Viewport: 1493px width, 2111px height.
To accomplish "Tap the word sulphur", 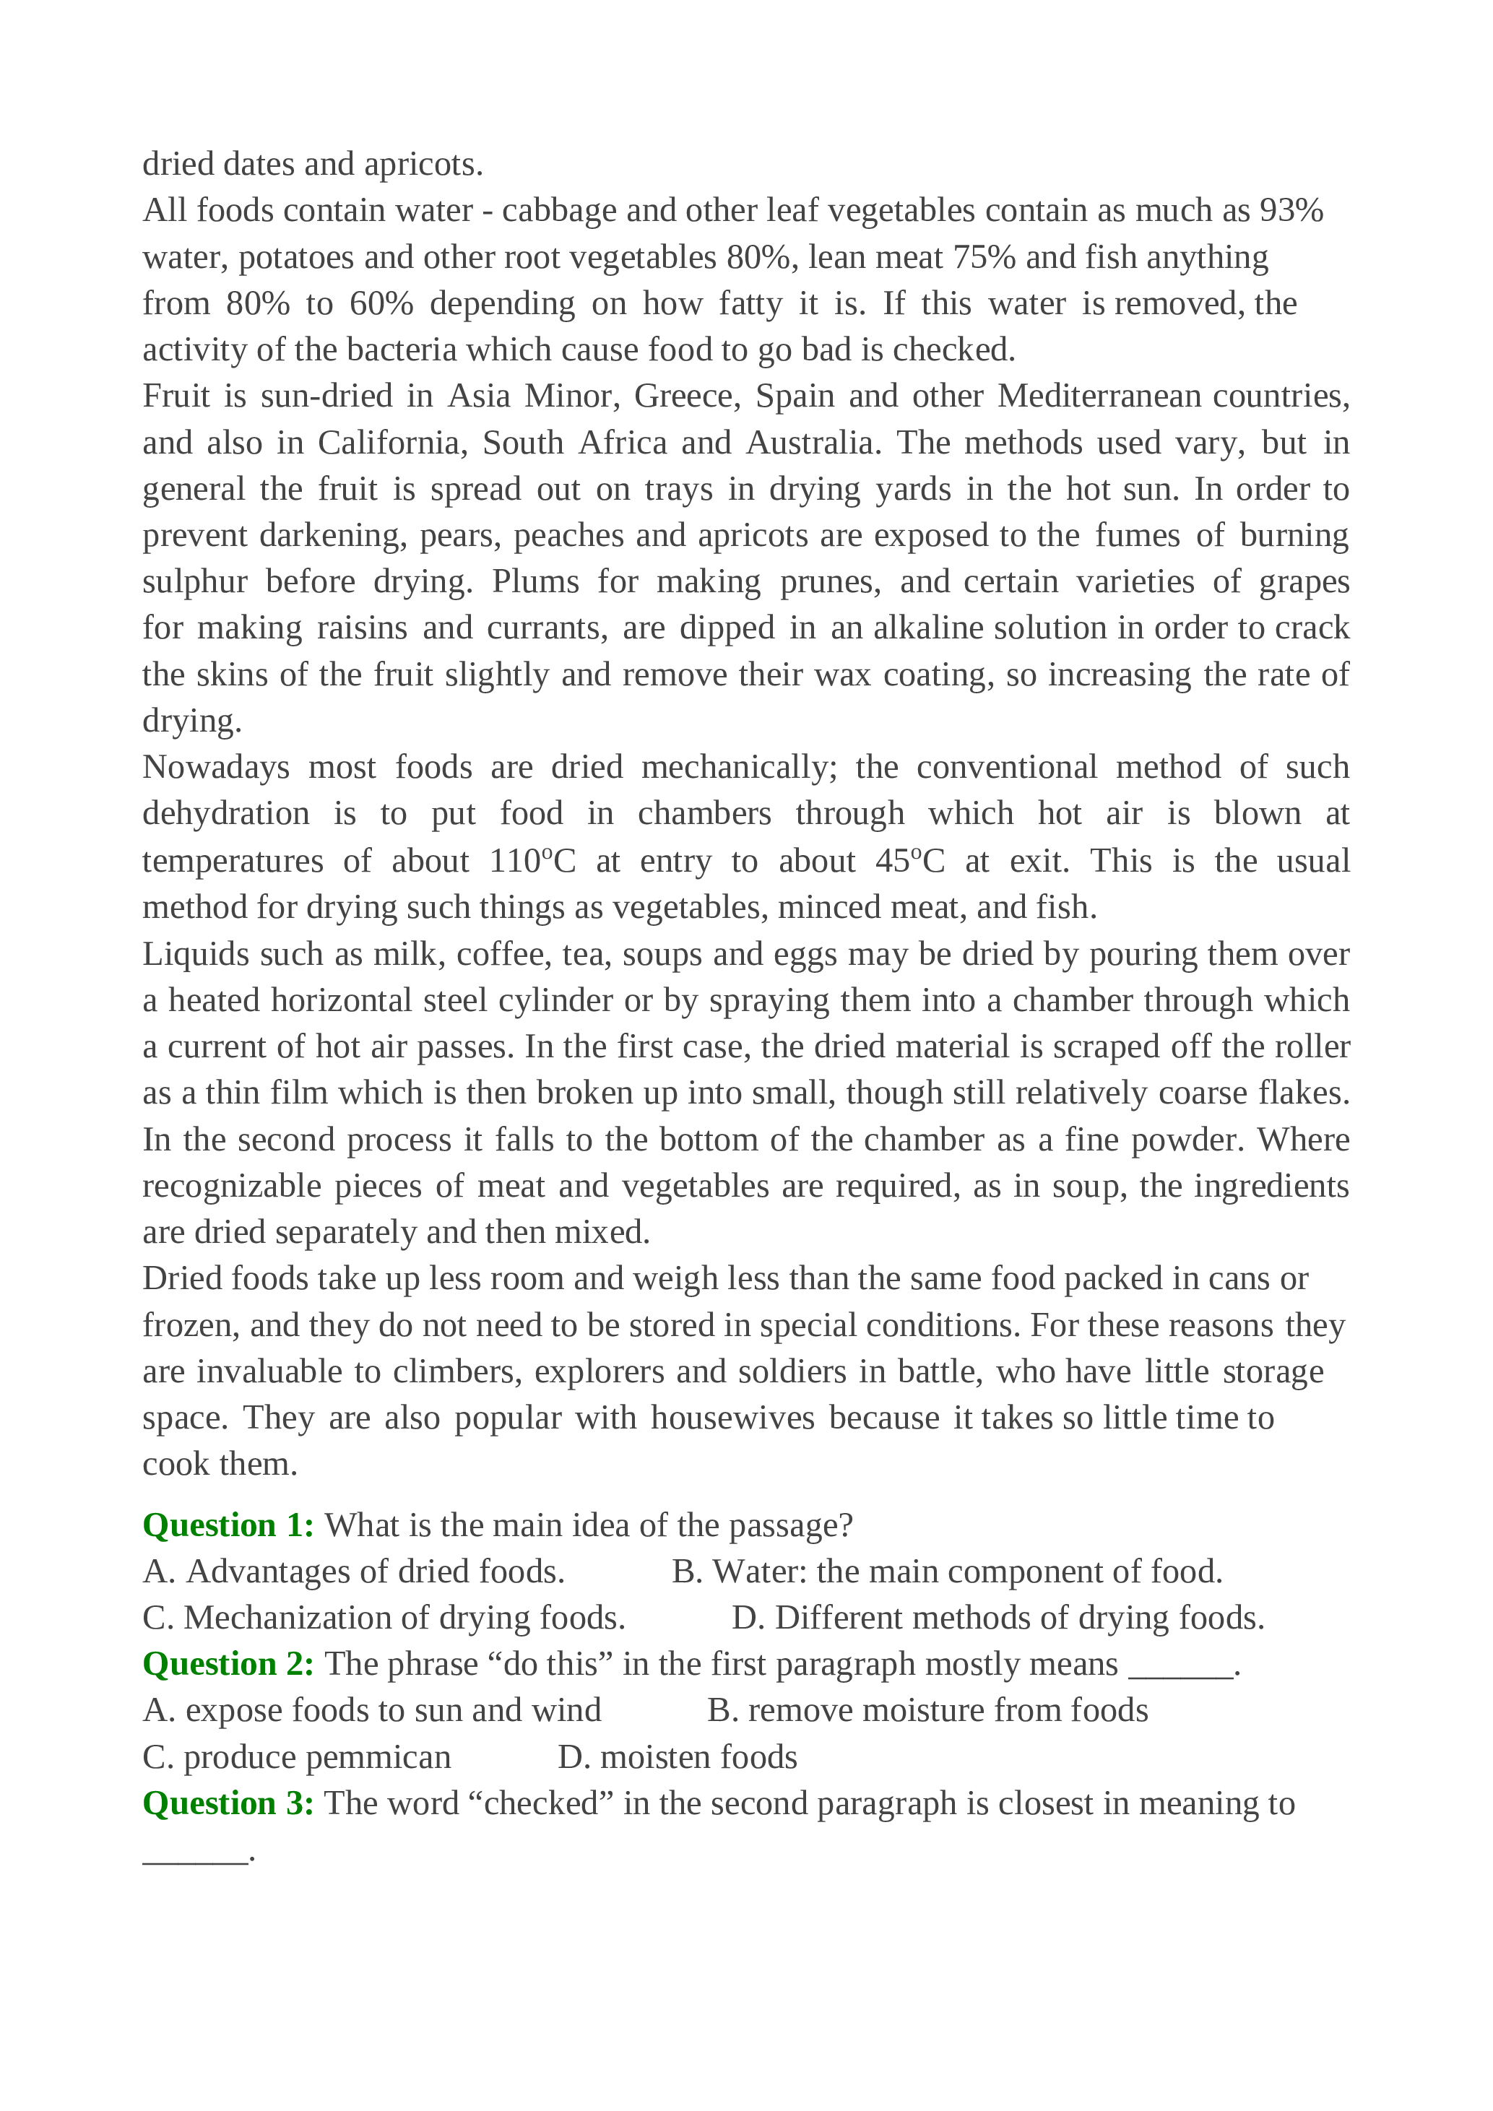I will coord(195,582).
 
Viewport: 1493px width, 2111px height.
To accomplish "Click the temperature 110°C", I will coord(532,861).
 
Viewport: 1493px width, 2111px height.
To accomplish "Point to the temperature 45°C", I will coord(909,861).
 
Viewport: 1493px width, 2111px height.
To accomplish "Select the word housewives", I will coord(732,1418).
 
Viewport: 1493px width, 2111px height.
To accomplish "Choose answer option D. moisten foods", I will coord(678,1757).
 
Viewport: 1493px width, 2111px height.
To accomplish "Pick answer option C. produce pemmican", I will coord(297,1757).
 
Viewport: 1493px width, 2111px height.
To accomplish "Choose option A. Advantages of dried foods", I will coord(354,1572).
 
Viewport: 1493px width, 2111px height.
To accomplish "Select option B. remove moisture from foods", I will coord(927,1710).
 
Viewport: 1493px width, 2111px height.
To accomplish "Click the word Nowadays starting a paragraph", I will coord(216,767).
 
